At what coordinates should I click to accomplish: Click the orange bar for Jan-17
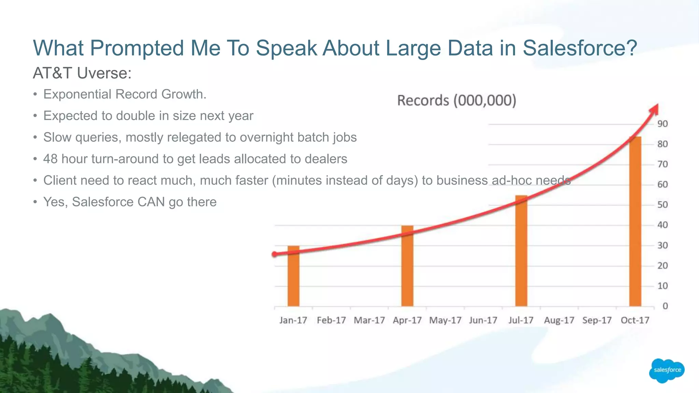293,276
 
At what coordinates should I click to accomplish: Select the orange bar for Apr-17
407,266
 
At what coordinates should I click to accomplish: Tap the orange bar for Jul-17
521,251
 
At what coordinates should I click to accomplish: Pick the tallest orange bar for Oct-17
635,222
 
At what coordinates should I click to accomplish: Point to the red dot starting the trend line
275,254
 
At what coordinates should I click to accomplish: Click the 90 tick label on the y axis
662,124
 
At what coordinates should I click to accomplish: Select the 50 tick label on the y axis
662,205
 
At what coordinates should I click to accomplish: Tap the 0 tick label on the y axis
665,306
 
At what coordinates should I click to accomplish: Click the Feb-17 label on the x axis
331,320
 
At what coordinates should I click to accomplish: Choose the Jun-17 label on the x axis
483,320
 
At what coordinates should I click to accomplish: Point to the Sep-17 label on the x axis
597,320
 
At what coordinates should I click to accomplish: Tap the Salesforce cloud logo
667,370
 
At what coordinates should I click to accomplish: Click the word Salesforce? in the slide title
580,48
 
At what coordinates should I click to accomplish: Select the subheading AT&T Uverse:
82,73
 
